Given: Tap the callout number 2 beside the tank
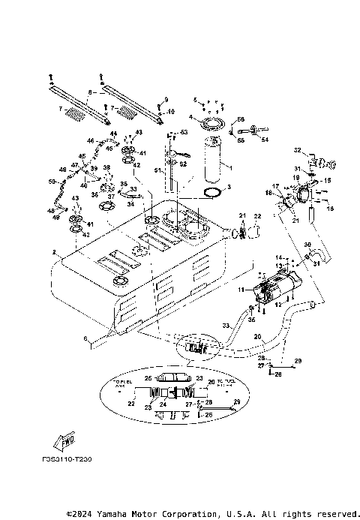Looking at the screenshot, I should [55, 252].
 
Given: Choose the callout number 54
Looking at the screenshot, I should [265, 140].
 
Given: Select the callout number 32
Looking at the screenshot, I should [297, 150].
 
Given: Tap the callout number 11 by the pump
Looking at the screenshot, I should [241, 289].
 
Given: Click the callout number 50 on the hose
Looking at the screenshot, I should [52, 182].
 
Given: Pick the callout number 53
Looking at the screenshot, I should [182, 132].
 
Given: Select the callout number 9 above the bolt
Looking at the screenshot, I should [166, 99].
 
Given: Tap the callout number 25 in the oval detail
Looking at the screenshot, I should [148, 377].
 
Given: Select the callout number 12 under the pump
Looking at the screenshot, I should [278, 304].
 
